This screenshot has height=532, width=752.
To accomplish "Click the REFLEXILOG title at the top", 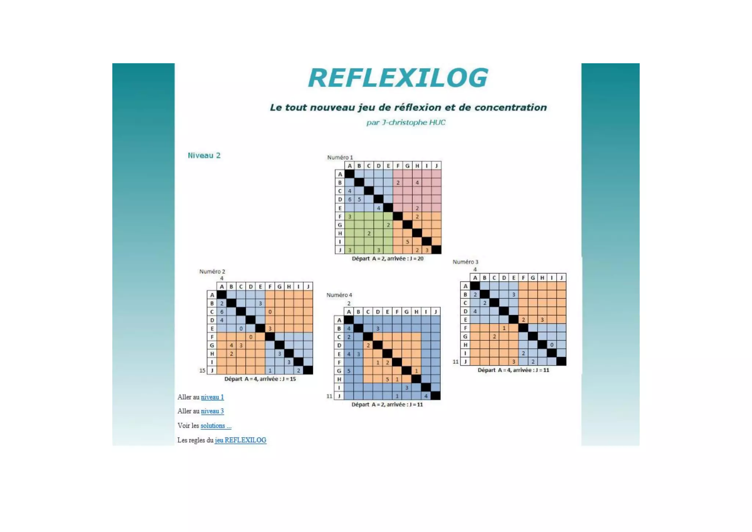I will tap(398, 78).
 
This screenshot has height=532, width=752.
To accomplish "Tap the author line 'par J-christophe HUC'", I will tap(406, 122).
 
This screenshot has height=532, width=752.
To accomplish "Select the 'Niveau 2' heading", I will tap(204, 155).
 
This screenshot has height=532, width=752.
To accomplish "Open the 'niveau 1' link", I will tap(212, 397).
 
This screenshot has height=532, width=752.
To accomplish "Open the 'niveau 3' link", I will tap(212, 411).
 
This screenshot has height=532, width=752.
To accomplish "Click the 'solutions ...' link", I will tap(216, 426).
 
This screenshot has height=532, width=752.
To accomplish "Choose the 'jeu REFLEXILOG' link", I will tap(241, 440).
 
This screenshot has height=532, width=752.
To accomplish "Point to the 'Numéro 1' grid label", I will tap(340, 158).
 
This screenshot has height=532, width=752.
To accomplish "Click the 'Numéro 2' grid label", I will tap(212, 271).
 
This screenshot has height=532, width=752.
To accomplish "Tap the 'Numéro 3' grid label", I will tap(465, 262).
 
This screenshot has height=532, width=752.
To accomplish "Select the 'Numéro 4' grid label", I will tap(339, 295).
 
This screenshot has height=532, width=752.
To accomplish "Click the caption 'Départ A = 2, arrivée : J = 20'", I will tap(387, 258).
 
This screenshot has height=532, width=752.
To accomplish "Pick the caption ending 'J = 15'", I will tap(260, 379).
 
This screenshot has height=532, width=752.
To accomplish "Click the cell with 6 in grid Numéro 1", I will tap(350, 199).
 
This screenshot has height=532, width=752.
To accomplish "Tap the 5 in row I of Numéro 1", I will tap(407, 242).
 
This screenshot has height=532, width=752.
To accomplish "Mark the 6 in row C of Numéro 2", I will tap(222, 312).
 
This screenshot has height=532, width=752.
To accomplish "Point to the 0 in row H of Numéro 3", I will tap(552, 345).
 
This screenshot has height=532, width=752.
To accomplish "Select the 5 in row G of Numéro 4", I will tap(349, 371).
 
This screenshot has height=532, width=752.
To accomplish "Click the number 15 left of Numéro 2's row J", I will tap(202, 370).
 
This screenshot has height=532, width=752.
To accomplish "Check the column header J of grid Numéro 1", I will tap(436, 166).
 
